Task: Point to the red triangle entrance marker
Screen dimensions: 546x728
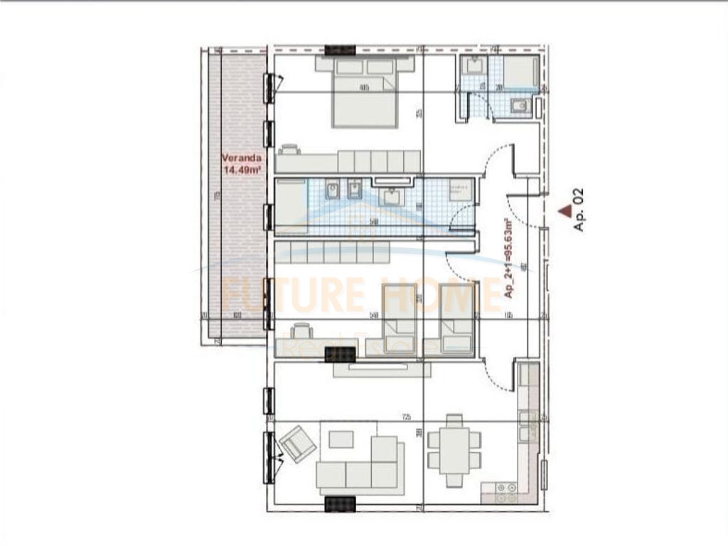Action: coord(565,210)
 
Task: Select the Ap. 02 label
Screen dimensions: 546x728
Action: coord(578,210)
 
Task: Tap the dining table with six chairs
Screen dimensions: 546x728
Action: coord(454,450)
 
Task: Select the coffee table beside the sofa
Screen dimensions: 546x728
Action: coord(342,439)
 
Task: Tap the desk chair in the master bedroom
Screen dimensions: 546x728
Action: coord(289,149)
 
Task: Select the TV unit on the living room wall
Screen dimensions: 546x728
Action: coord(382,369)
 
